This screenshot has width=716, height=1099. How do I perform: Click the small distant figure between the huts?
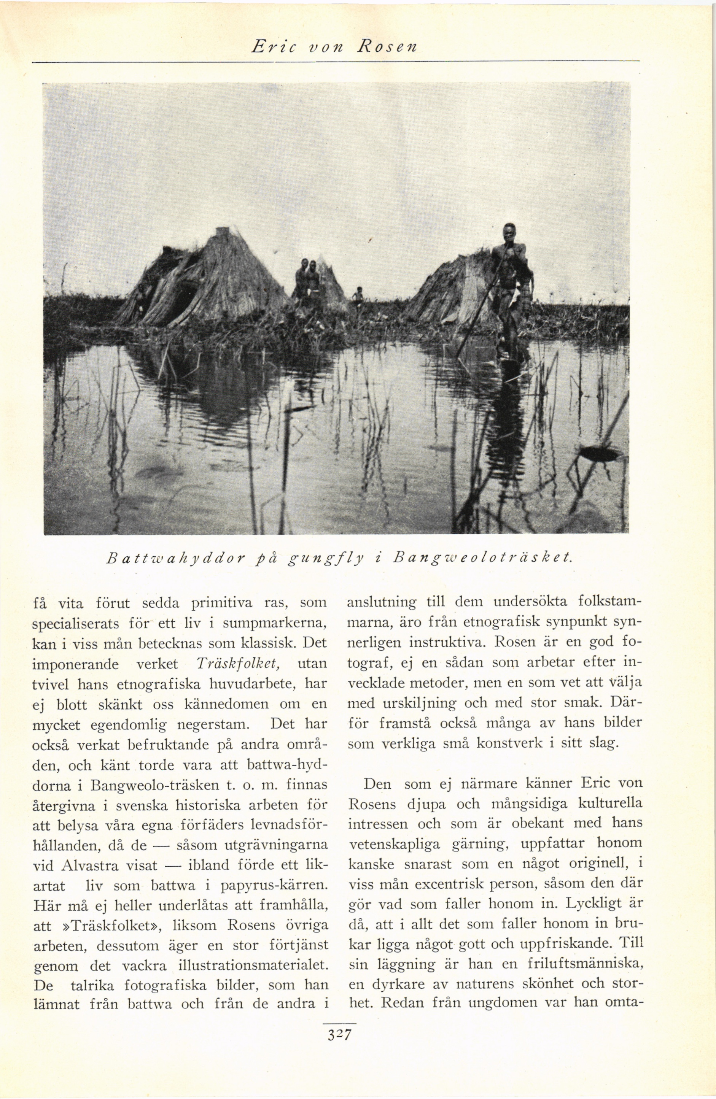click(x=358, y=295)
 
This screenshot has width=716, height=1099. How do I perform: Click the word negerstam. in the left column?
click(x=213, y=724)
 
